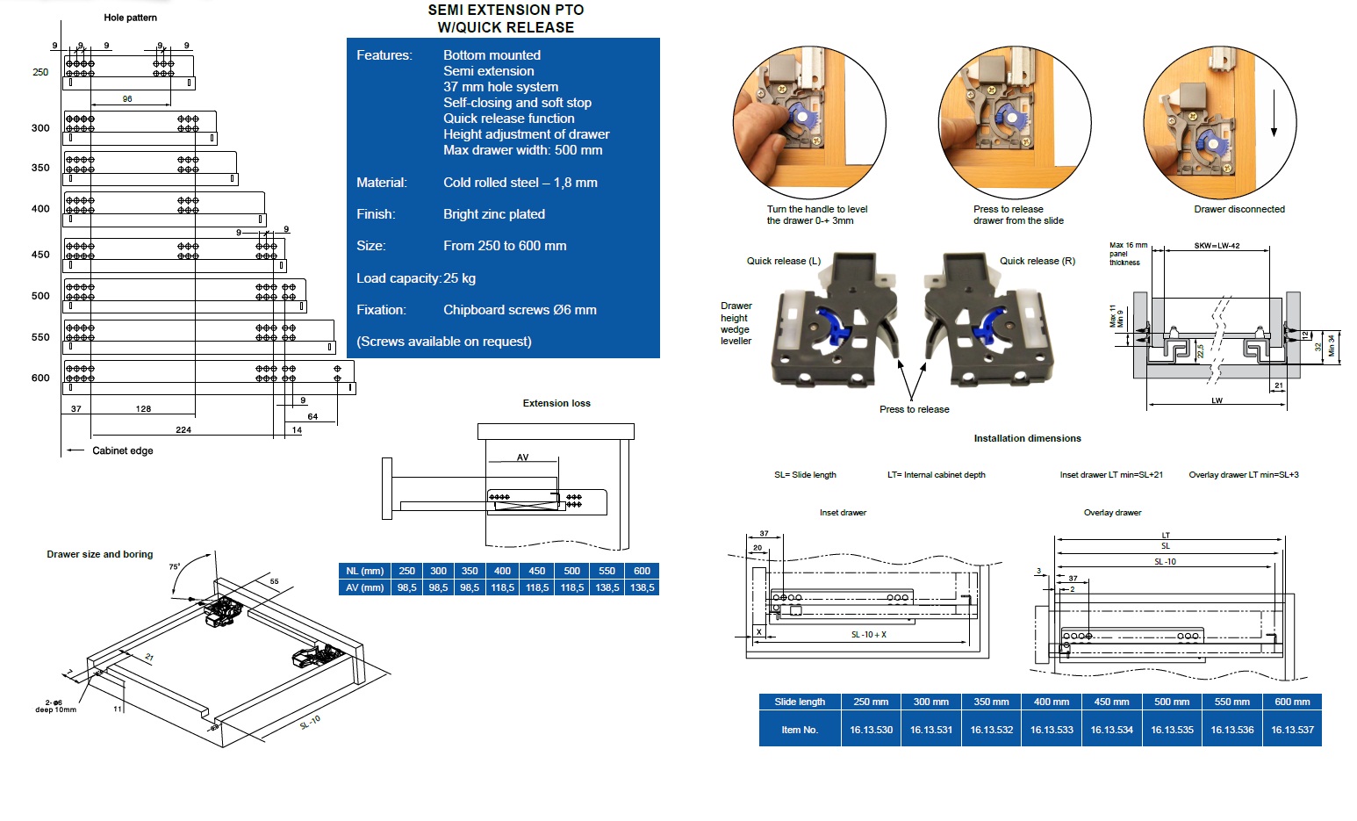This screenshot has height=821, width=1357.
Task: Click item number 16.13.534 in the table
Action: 1111,730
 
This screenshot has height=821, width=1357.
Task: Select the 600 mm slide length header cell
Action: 1292,702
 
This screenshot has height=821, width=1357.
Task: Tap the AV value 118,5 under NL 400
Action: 502,587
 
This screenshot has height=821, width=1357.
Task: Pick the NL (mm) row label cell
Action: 364,571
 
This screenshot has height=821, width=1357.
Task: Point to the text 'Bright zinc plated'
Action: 493,214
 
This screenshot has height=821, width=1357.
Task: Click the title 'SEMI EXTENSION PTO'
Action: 506,10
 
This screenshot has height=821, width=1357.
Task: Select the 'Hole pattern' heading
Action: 130,18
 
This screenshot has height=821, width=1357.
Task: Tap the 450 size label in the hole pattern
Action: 40,255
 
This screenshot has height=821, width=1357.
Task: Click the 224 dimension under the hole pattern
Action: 183,429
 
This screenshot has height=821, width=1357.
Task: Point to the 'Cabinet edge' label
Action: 122,450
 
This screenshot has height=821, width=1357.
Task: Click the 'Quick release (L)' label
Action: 783,261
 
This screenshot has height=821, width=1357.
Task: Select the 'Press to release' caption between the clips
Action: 914,409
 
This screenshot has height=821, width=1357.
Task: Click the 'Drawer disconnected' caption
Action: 1239,209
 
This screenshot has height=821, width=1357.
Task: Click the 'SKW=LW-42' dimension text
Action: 1217,246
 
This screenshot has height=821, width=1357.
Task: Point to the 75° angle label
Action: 174,567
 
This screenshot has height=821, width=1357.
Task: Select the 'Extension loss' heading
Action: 556,403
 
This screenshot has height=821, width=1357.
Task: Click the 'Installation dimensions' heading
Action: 1027,438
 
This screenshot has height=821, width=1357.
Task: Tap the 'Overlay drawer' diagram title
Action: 1112,513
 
